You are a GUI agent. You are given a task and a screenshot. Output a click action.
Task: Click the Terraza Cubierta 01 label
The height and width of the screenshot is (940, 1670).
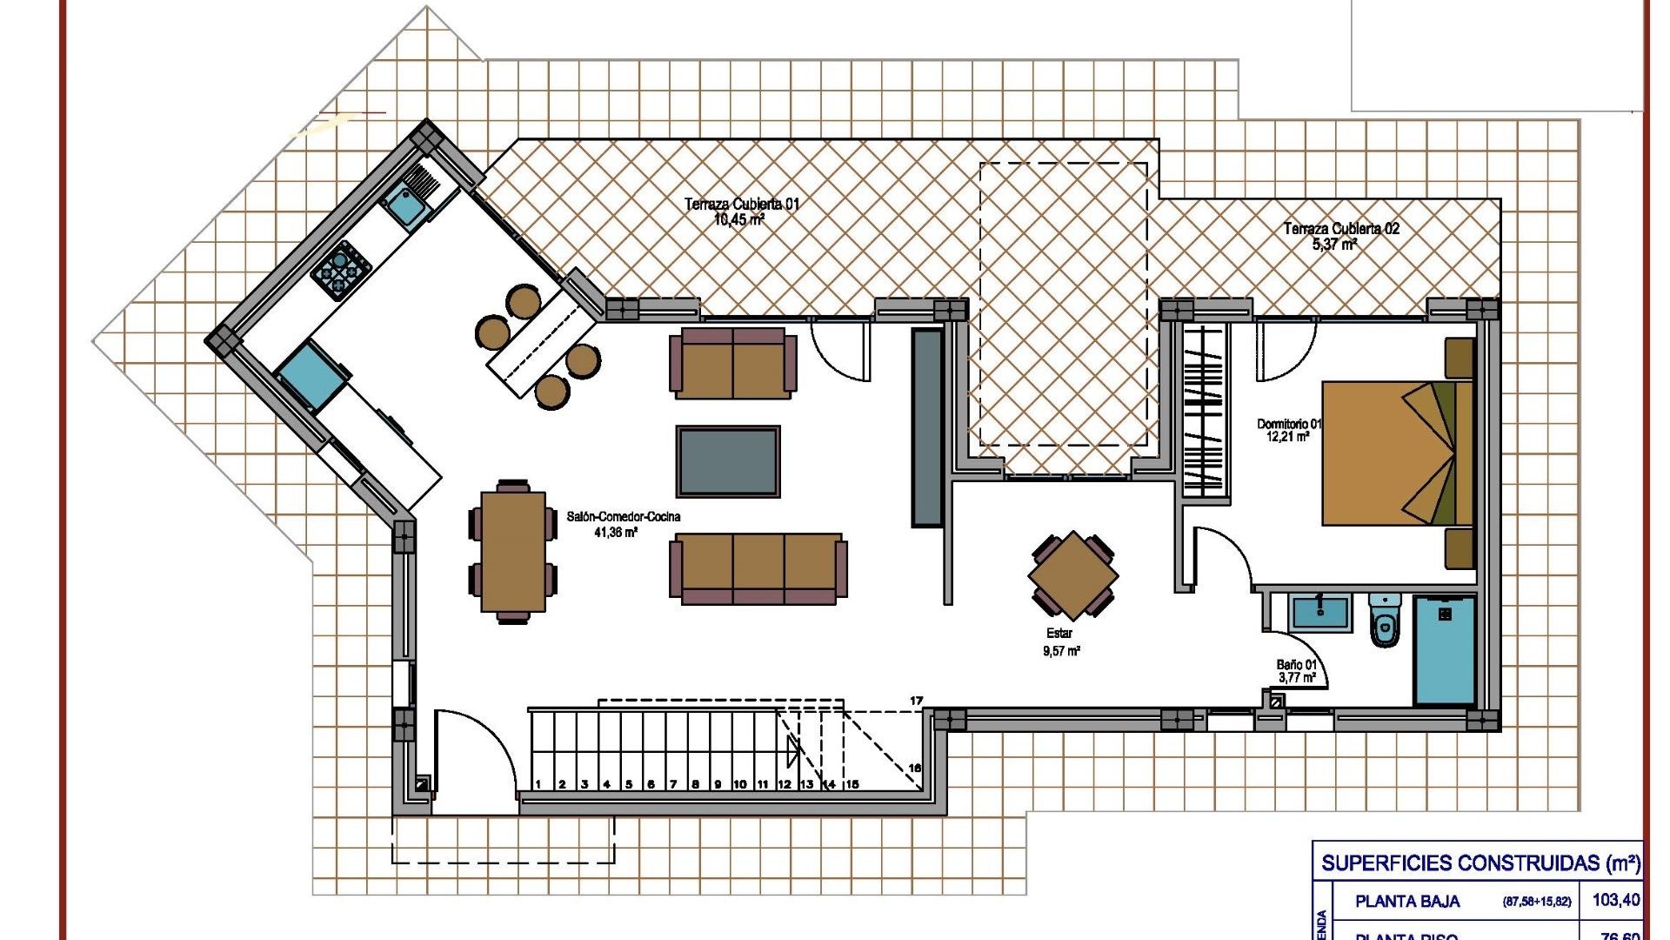pos(741,211)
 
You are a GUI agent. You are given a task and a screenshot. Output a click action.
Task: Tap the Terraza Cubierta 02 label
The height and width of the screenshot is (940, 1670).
pos(1341,236)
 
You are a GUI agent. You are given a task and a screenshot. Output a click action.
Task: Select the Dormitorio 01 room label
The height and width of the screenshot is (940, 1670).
pos(1288,430)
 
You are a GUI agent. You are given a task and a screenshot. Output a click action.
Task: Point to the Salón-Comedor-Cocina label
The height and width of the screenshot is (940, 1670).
pos(623,524)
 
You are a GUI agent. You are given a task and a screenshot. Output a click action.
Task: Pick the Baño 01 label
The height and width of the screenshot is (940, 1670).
pos(1297,671)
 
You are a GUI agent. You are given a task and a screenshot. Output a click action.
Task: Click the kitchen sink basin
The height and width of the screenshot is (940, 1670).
pos(404,205)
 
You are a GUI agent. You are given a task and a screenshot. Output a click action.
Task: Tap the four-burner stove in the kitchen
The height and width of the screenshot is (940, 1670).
pos(342,269)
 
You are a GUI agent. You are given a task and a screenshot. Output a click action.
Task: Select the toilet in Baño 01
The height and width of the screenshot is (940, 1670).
pos(1385,621)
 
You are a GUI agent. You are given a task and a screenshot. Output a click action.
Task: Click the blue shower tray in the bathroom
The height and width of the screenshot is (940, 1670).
pos(1445,650)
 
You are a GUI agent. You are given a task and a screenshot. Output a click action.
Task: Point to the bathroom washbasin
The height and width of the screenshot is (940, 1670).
pos(1320,612)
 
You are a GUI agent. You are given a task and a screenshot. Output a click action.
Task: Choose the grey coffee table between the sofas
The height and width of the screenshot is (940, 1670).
pos(728,461)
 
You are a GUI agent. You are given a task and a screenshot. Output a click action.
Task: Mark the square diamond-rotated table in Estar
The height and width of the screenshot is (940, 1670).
pos(1073,575)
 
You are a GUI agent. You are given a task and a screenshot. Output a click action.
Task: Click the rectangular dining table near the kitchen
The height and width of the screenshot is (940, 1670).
pos(513,551)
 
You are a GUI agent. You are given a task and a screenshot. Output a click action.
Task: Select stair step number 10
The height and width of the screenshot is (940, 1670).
pos(739,784)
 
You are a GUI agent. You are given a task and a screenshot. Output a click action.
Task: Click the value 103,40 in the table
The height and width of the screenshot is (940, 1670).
pos(1616,900)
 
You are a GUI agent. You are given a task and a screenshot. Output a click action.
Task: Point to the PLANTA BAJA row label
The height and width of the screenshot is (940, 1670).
pos(1407,902)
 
